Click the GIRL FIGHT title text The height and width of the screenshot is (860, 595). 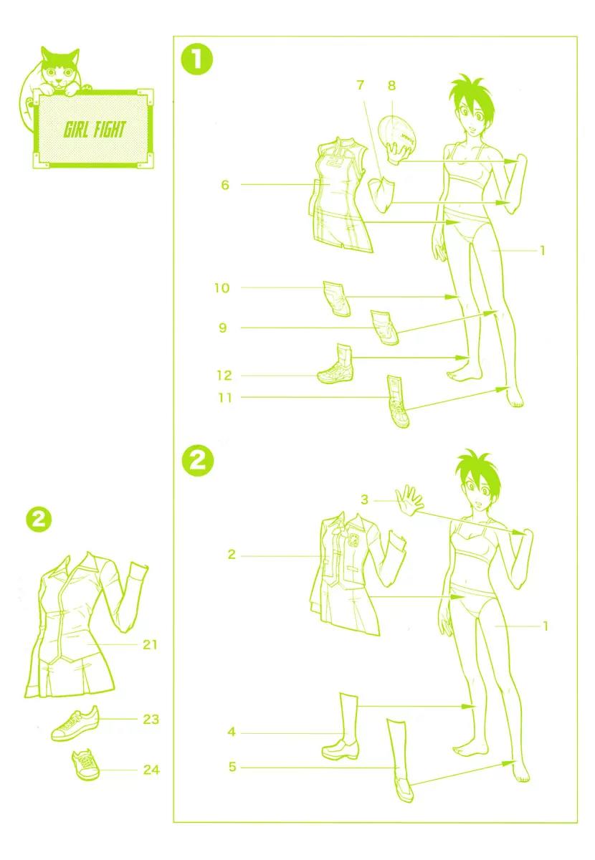click(x=94, y=129)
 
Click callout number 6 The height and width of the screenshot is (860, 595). click(x=225, y=185)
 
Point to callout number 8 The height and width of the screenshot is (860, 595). click(x=391, y=85)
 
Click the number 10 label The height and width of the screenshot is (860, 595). click(x=222, y=288)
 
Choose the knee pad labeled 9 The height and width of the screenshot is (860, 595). click(x=384, y=328)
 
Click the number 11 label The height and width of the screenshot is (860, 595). click(x=225, y=398)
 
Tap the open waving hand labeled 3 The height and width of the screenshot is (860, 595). click(x=410, y=500)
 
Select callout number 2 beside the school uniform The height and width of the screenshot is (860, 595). click(x=232, y=555)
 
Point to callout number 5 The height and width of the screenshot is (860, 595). click(x=232, y=767)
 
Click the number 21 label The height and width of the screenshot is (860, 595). click(x=151, y=644)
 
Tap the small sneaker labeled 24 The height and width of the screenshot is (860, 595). click(x=85, y=765)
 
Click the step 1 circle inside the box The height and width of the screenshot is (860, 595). click(x=197, y=60)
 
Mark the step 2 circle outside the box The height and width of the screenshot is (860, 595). click(x=39, y=520)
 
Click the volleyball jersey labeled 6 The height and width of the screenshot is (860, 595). click(x=341, y=195)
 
